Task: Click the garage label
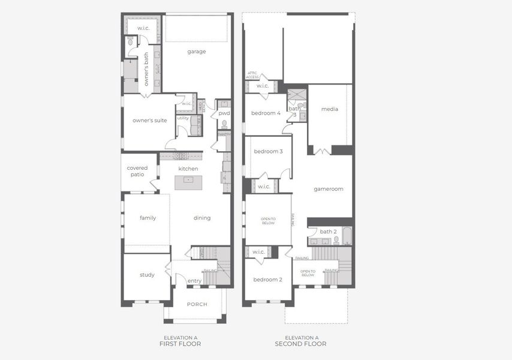196,52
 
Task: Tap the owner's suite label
149,121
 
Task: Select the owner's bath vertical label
146,70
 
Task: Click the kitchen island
188,183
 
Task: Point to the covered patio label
137,171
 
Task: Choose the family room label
147,218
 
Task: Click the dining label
202,218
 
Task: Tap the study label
147,275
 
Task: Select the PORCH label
197,304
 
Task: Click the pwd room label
224,113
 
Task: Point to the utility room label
183,118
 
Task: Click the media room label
329,109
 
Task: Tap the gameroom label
329,189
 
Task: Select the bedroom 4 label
266,113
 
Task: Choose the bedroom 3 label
267,151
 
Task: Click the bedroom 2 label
267,280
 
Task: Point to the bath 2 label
327,232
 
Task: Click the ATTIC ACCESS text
252,76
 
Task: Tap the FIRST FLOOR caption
180,344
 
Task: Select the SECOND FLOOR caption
300,344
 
